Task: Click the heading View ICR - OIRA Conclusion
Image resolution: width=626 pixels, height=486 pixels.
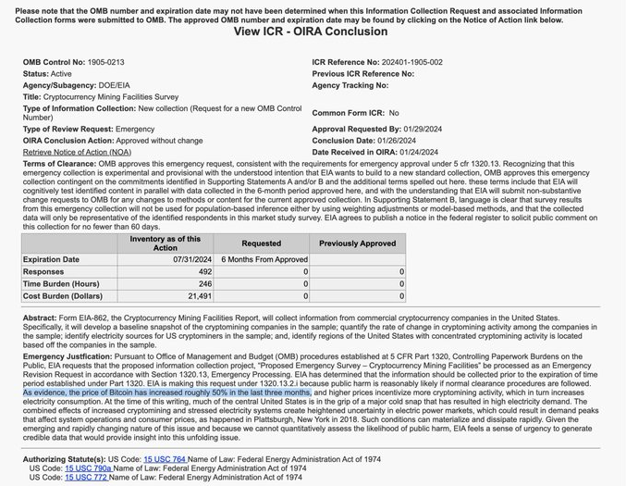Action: pos(311,31)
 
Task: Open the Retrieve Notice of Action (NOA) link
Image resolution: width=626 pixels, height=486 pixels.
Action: pos(77,152)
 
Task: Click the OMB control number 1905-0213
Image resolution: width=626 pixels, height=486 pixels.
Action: pos(105,63)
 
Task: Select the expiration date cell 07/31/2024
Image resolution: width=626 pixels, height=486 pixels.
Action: pos(191,259)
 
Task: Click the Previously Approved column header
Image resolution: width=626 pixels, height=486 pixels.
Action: pos(357,243)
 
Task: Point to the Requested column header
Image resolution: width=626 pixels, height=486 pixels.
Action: pos(261,243)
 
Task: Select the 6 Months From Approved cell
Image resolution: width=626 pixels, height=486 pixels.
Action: pos(264,259)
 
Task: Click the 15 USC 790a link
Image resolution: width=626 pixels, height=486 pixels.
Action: pos(88,468)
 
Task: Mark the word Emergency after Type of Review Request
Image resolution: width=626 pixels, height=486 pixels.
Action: pos(134,130)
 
